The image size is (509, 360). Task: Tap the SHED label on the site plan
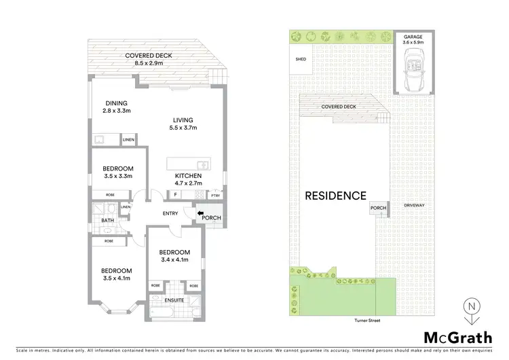301,60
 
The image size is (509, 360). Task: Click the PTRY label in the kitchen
216,196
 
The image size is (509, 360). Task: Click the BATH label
108,221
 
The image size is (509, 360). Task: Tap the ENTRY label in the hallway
170,213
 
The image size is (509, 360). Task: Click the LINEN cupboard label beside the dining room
128,140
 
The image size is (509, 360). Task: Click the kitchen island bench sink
201,164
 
